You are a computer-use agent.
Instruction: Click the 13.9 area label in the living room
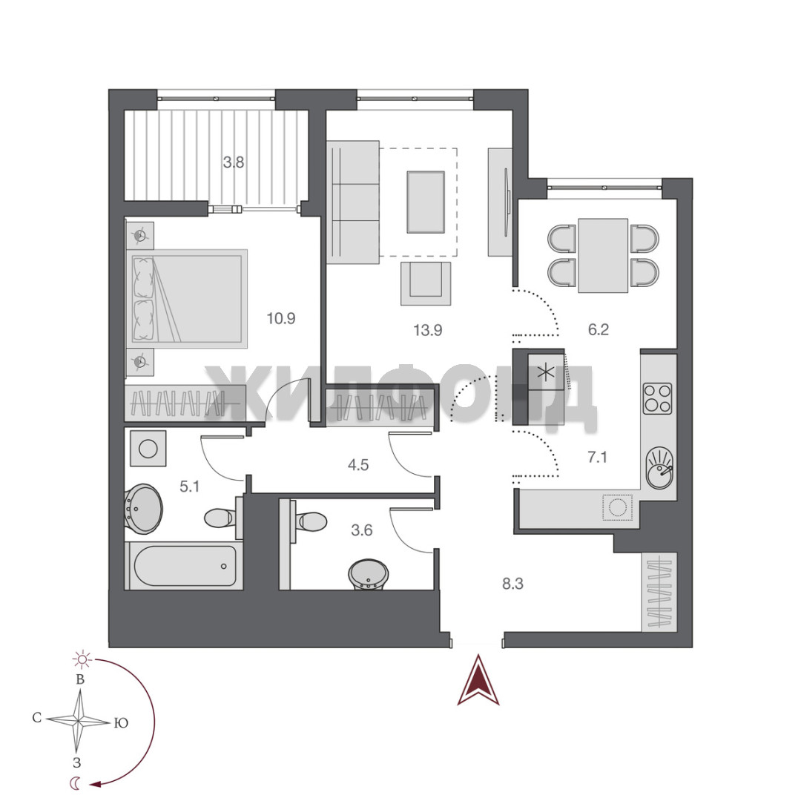428,330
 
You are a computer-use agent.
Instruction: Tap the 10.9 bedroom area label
281,318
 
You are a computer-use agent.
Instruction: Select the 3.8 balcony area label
234,162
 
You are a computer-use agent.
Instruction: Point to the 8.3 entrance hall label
512,584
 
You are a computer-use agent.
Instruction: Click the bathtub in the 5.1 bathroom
185,566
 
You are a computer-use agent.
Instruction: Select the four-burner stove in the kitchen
657,398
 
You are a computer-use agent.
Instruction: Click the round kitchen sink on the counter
660,469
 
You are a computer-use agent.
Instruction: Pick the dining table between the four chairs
603,255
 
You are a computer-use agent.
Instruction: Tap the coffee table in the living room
426,202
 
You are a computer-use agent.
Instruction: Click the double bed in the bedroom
187,298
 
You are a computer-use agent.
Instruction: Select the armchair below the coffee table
426,283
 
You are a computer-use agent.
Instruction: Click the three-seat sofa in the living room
353,202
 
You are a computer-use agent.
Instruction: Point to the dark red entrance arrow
478,680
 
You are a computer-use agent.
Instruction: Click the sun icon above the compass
82,659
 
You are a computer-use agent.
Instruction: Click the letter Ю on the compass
121,723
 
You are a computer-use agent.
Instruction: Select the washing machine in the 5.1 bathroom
148,449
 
